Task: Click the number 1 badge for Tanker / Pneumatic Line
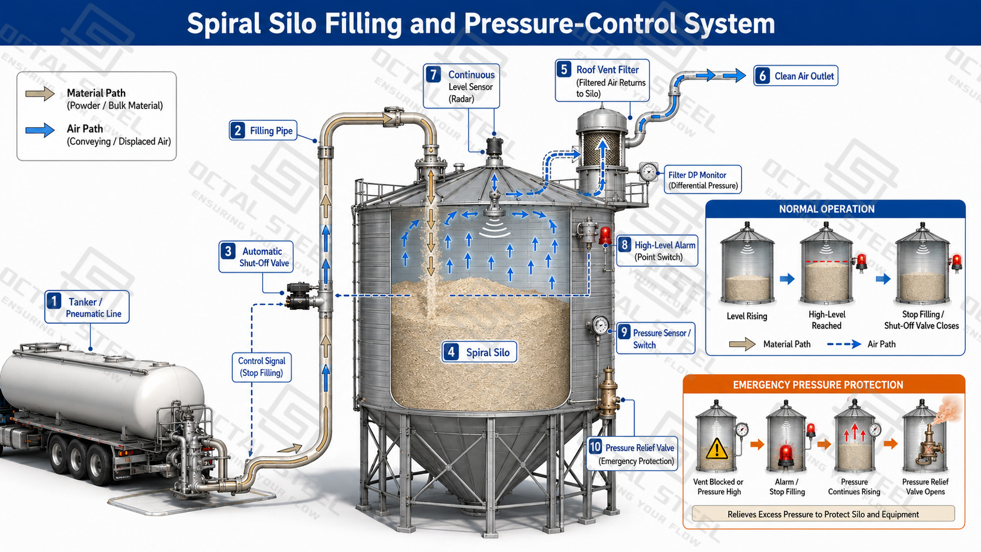coord(54,301)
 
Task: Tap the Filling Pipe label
coord(271,130)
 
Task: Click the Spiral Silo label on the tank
coord(488,353)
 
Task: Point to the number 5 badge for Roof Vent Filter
coord(564,70)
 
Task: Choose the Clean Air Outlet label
coord(804,76)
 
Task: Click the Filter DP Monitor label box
coord(702,180)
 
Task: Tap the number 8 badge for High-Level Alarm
coord(625,244)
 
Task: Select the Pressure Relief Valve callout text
coord(640,454)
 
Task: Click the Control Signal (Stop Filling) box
coord(262,367)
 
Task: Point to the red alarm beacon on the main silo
coord(605,235)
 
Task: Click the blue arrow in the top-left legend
coord(40,130)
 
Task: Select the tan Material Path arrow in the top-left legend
coord(40,93)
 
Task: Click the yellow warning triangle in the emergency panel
coord(716,449)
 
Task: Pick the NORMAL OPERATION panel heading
coord(827,209)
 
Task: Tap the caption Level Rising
coord(747,316)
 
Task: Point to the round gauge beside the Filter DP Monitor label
coord(648,172)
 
